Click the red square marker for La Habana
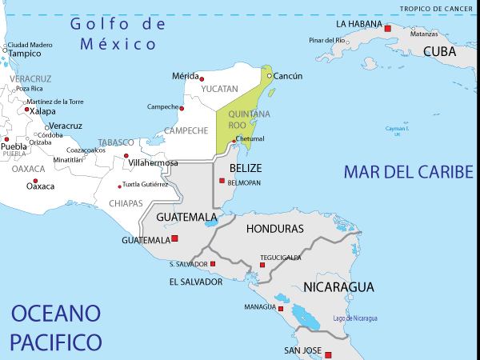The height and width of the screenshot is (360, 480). [x=388, y=28]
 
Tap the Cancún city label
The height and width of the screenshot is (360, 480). [x=288, y=76]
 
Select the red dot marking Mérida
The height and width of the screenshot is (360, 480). [x=202, y=78]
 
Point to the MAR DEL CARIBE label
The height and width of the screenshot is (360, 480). [x=409, y=172]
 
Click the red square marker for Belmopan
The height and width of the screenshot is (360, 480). [x=222, y=181]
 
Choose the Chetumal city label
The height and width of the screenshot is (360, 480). [x=250, y=138]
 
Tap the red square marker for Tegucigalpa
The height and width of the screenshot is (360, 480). [x=262, y=265]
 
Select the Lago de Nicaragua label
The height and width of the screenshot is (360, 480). [x=355, y=318]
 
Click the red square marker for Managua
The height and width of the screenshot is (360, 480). [x=280, y=308]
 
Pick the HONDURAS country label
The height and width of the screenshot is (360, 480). [x=274, y=229]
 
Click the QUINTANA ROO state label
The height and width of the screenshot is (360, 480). [x=238, y=119]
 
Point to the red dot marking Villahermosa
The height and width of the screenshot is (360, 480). [x=126, y=155]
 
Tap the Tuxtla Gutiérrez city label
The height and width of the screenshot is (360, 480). [x=145, y=184]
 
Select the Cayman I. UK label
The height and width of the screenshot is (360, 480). [x=397, y=131]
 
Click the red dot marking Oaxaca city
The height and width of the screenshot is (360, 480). [x=29, y=178]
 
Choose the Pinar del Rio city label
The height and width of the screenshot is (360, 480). [x=326, y=40]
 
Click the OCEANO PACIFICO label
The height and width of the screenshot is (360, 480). [x=56, y=327]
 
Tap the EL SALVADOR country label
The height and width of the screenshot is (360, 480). [x=196, y=282]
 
